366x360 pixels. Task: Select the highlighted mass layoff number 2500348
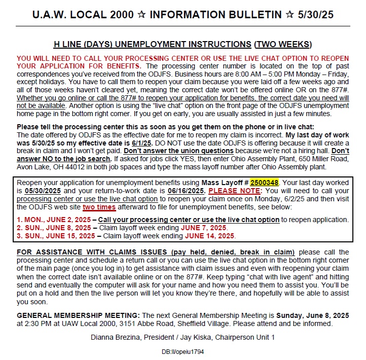264,182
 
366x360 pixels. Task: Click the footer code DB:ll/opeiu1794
182,351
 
